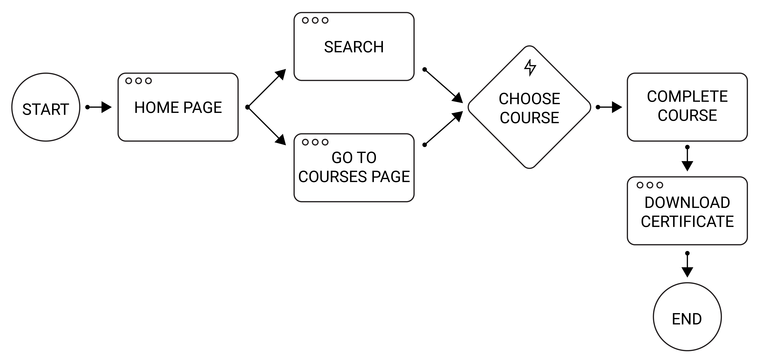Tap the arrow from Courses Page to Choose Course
443,128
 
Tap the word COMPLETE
687,97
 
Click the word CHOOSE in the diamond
529,99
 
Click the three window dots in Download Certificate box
650,185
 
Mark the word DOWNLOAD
687,203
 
